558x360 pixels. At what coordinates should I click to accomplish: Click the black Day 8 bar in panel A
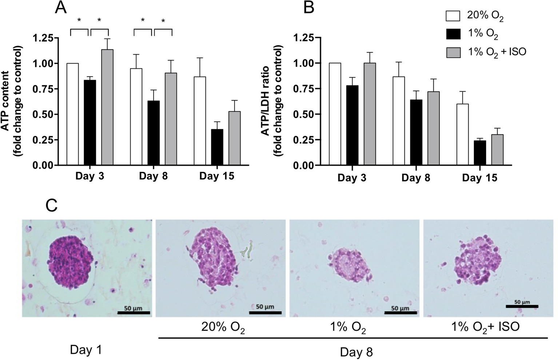(154, 133)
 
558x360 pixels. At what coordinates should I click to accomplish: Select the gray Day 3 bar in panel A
(107, 107)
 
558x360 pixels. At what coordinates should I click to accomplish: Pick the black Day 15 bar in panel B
(480, 153)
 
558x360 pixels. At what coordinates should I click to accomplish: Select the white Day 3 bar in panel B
(335, 114)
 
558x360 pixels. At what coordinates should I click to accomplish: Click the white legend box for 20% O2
(453, 16)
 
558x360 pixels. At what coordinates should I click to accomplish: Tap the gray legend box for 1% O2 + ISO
(453, 52)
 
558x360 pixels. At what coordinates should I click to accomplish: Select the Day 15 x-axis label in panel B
(479, 178)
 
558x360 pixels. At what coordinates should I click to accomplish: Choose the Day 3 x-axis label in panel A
(89, 176)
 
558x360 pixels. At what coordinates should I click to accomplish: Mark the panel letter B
(308, 7)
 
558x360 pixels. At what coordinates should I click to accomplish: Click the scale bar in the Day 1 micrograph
(133, 312)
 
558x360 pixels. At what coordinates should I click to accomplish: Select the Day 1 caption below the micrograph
(86, 350)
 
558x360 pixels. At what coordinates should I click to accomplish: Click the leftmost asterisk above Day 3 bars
(79, 20)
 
